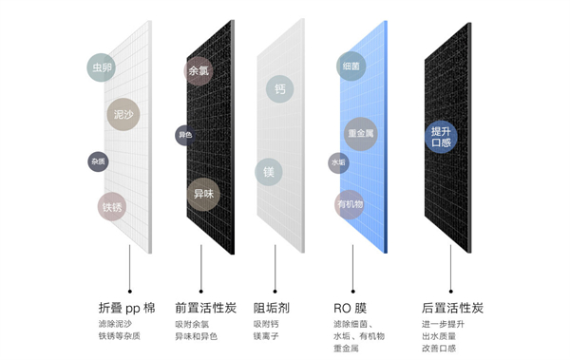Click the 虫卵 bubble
pos(102,68)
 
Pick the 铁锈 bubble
pos(112,206)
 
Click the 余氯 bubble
pos(199,71)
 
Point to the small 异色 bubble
pos(184,135)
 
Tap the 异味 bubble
pos(203,193)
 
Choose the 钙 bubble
pos(280,88)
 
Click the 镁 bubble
pos(270,173)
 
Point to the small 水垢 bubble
pos(339,162)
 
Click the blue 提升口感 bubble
pos(441,137)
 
